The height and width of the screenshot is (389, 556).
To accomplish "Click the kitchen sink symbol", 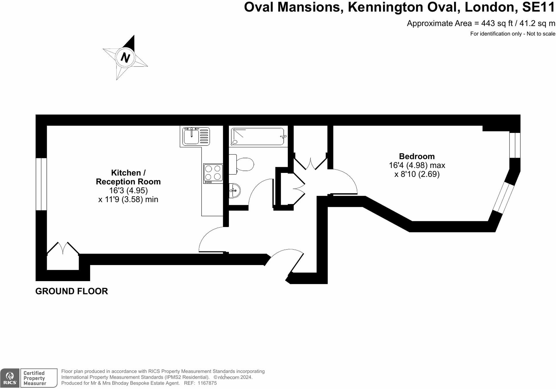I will [196, 136].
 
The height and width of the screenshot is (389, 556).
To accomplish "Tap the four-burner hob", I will [213, 173].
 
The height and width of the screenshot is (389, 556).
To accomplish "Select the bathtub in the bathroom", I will [258, 136].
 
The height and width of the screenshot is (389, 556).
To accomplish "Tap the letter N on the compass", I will [125, 58].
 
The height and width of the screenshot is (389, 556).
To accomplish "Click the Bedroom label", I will [417, 156].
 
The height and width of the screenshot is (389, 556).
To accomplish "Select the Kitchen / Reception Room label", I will [128, 177].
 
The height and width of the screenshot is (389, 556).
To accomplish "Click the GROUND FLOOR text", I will [72, 291].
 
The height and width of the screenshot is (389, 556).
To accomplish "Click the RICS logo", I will [10, 378].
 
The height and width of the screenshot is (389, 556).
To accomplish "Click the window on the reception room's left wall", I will [41, 184].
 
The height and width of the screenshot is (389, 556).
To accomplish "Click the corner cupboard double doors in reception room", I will [63, 249].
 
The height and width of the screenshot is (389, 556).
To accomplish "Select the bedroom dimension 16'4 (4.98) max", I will [417, 165].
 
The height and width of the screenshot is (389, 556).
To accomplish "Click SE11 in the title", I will [538, 7].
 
